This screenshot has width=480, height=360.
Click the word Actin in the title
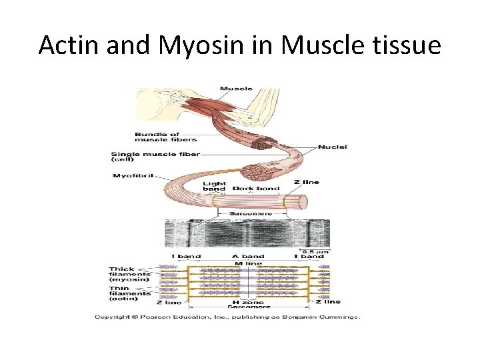tap(67, 45)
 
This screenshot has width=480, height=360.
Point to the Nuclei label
tap(333, 147)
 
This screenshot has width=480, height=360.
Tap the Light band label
tap(215, 186)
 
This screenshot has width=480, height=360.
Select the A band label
tap(248, 256)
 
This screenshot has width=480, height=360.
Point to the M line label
tap(248, 263)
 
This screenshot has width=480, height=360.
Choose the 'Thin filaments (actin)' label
tap(131, 293)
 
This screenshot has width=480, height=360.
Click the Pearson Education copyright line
tap(227, 317)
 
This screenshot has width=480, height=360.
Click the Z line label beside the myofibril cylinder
tap(306, 182)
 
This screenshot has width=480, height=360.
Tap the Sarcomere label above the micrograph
tap(247, 214)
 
